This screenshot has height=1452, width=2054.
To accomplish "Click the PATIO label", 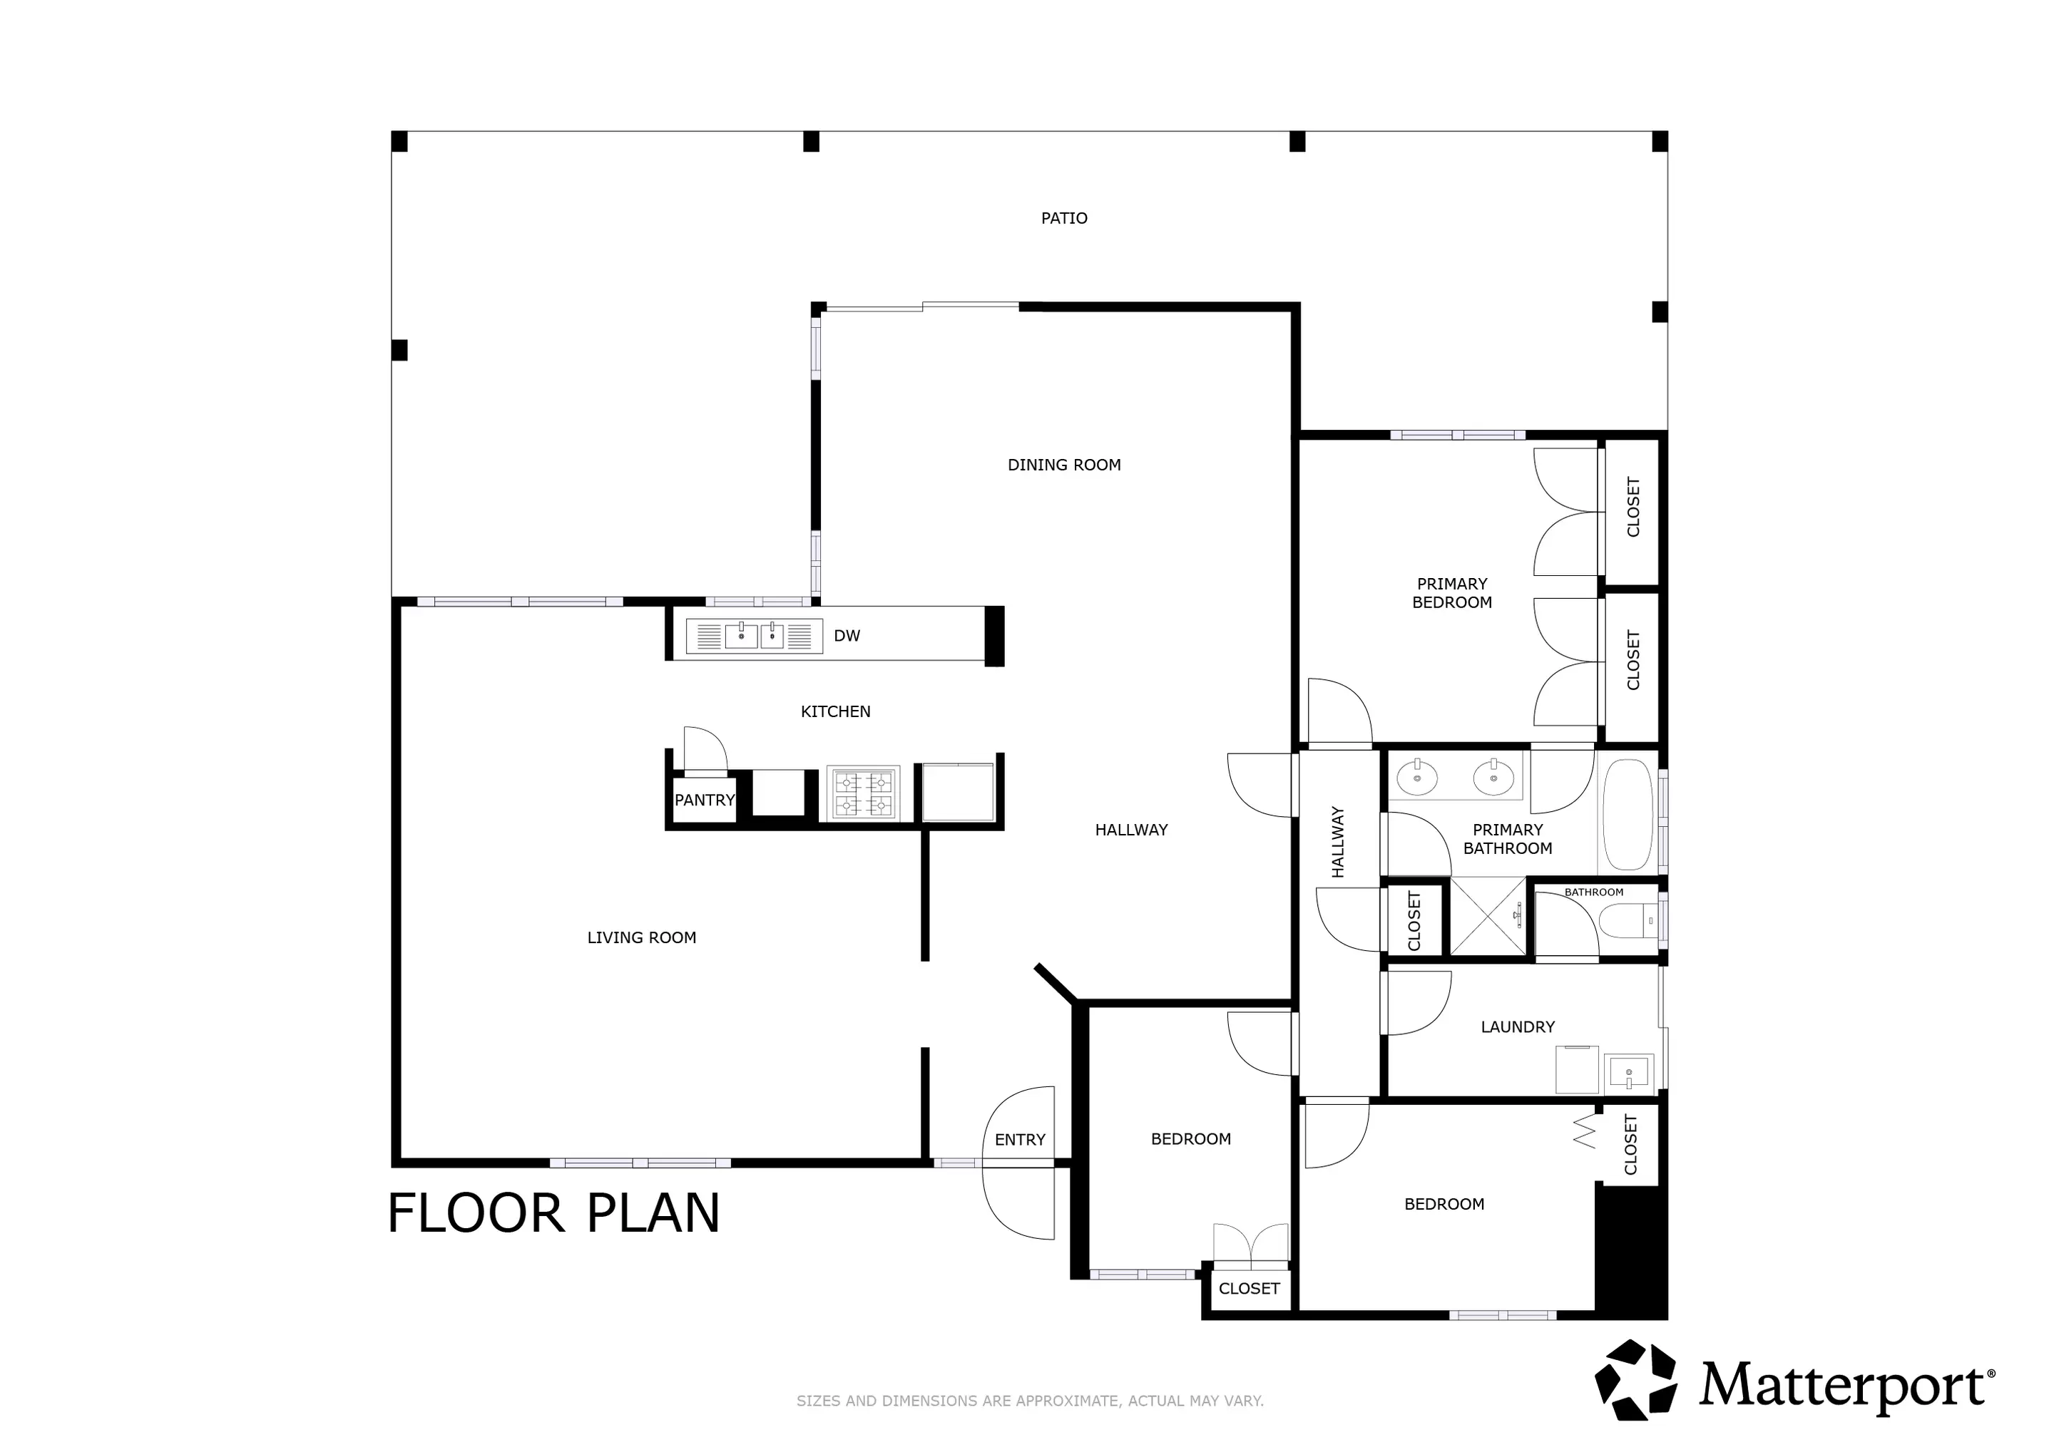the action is [1063, 218].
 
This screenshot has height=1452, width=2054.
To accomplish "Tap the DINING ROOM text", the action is [1063, 465].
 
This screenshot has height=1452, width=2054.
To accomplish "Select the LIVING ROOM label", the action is [641, 938].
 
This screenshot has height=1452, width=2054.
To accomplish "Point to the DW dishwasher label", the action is [847, 636].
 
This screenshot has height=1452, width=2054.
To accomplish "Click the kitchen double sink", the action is [754, 636].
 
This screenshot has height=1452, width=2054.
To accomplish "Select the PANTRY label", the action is [705, 800].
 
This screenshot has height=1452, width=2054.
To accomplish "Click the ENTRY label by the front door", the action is [1020, 1140].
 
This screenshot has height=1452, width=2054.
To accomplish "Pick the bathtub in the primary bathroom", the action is [1628, 815].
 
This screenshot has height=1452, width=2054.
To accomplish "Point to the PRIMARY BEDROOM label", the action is [1452, 593].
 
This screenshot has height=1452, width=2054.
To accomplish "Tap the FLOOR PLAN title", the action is [553, 1213].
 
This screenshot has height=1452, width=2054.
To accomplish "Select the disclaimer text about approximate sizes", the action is [1030, 1401].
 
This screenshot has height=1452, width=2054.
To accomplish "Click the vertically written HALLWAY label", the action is [1337, 843].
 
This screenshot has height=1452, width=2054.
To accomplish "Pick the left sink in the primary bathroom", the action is [1417, 776].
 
